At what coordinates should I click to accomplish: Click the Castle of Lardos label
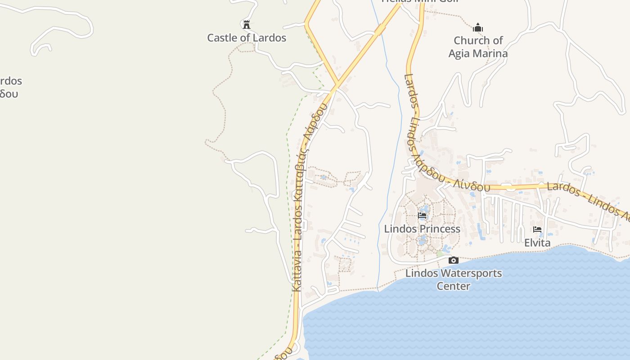point(247,38)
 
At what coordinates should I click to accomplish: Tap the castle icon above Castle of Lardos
point(246,24)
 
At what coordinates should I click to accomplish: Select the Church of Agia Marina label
point(478,47)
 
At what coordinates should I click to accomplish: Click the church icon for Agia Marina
point(478,28)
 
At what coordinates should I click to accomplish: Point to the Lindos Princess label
point(422,229)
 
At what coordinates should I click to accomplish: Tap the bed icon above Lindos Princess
point(422,216)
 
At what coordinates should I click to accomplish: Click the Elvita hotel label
point(537,243)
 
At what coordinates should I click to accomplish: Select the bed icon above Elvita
point(537,229)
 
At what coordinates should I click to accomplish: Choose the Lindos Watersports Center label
point(454,279)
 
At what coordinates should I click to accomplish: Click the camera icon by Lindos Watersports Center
point(454,260)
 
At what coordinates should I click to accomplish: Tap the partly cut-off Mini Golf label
point(419,1)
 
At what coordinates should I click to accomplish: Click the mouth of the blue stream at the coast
point(378,290)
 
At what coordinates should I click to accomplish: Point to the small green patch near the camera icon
point(440,254)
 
